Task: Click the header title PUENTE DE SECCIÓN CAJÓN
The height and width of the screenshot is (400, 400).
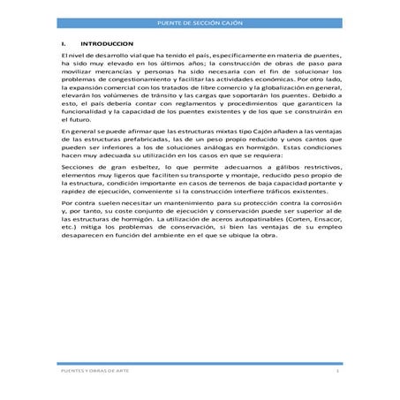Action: [200, 20]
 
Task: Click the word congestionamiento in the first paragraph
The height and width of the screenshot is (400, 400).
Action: [124, 78]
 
